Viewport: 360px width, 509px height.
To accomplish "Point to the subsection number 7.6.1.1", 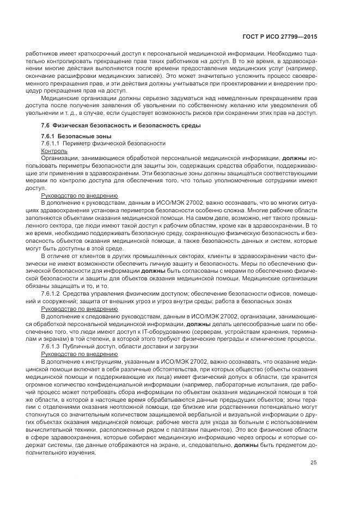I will point(52,143).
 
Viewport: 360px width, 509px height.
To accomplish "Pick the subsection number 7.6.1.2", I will point(52,292).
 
